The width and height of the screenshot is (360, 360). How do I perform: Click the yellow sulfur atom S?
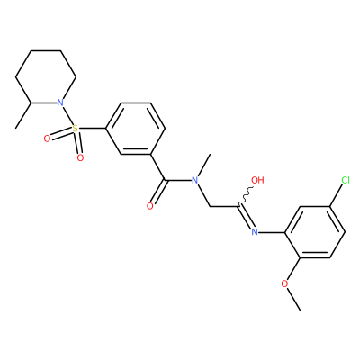point(76,129)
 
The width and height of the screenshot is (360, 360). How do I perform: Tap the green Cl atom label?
point(346,180)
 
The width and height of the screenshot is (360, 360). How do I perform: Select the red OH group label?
point(257,180)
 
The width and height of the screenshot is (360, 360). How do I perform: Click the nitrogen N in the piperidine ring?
point(60,103)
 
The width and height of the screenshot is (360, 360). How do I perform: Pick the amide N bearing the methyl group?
point(195,180)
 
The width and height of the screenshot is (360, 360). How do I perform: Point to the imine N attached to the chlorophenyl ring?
point(255,232)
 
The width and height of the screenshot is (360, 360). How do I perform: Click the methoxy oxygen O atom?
point(284,283)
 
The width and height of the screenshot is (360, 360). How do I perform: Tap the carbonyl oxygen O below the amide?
point(150,206)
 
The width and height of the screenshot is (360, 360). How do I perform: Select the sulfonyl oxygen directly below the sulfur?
point(80,157)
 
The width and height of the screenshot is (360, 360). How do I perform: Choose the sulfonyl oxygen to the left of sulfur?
point(47,139)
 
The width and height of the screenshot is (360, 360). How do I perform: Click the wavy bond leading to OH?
point(246,197)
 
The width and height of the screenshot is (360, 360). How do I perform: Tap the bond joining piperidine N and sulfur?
point(67,116)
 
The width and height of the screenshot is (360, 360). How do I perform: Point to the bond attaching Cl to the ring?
point(337,194)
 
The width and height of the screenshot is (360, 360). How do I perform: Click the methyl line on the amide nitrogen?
point(204,165)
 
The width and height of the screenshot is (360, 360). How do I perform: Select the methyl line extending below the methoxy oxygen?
point(293,299)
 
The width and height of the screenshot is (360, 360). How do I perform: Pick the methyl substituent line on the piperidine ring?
point(22,116)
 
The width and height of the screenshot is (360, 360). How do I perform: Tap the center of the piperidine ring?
point(46,76)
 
